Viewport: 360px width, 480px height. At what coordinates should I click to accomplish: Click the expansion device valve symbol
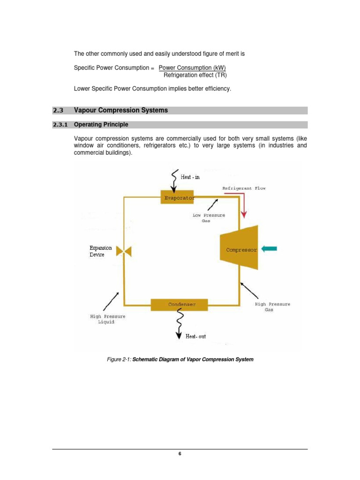(125, 252)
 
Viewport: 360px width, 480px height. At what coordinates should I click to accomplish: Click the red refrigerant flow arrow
(243, 206)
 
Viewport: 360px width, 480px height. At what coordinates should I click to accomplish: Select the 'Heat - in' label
(190, 177)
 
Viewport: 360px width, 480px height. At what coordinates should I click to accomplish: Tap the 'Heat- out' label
(195, 336)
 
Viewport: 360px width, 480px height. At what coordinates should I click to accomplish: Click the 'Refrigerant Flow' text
(244, 188)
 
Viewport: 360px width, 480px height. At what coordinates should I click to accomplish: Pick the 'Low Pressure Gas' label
(209, 218)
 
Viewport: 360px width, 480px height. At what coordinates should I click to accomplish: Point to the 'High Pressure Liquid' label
(107, 319)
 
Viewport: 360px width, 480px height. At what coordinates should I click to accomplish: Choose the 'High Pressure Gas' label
(272, 307)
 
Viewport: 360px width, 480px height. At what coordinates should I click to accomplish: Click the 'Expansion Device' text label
(100, 251)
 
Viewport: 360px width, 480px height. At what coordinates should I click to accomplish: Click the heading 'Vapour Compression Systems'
(120, 111)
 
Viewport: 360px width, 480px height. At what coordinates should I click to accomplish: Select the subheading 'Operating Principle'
(101, 125)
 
